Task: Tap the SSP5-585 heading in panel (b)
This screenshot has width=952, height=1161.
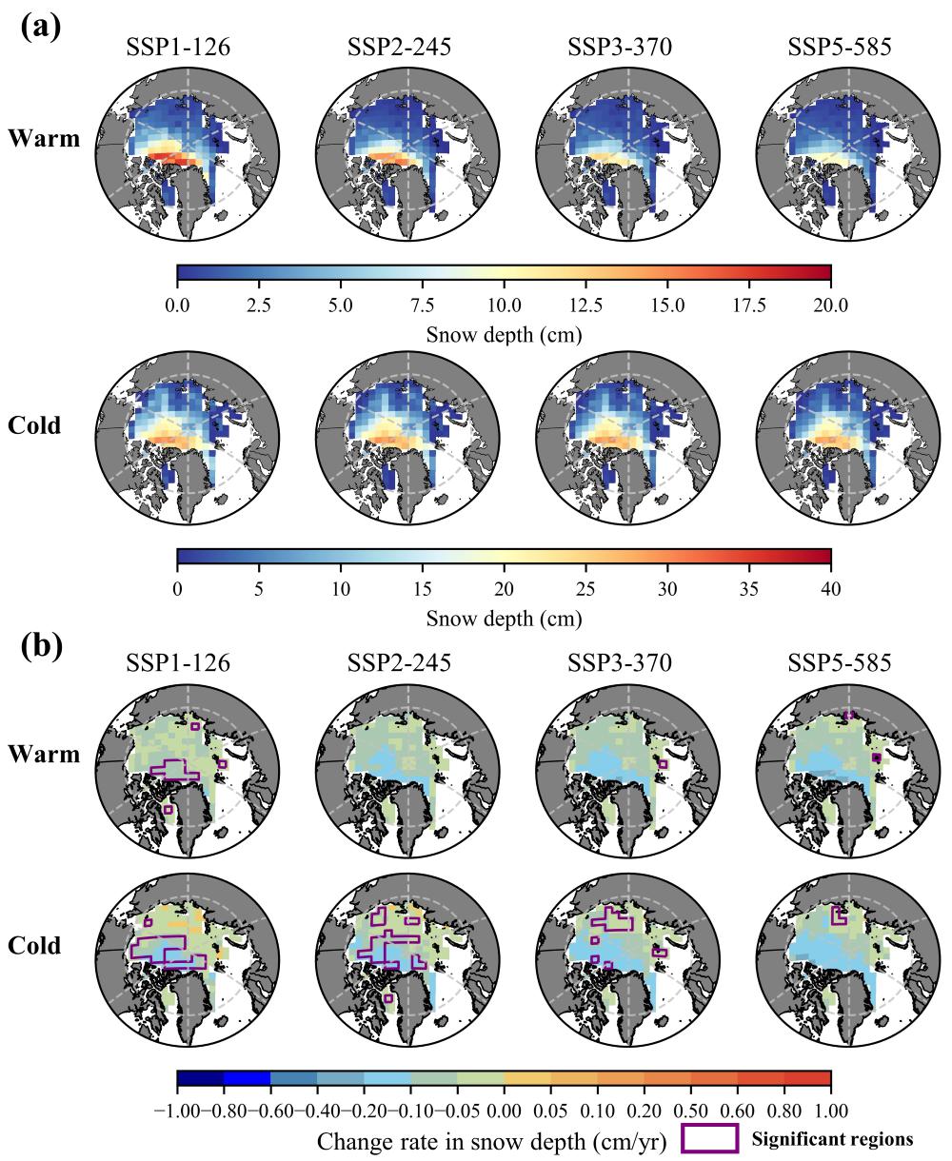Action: coord(841,663)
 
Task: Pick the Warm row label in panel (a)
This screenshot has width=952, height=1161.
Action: coord(44,138)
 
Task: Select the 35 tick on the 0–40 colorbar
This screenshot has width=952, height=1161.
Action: coord(749,589)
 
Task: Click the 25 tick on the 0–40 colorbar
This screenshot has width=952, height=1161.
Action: coord(585,589)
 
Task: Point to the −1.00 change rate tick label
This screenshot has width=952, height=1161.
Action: coord(172,1111)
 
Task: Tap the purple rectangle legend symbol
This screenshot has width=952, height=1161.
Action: coord(710,1139)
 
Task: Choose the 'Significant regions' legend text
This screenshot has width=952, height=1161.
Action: coord(832,1139)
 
